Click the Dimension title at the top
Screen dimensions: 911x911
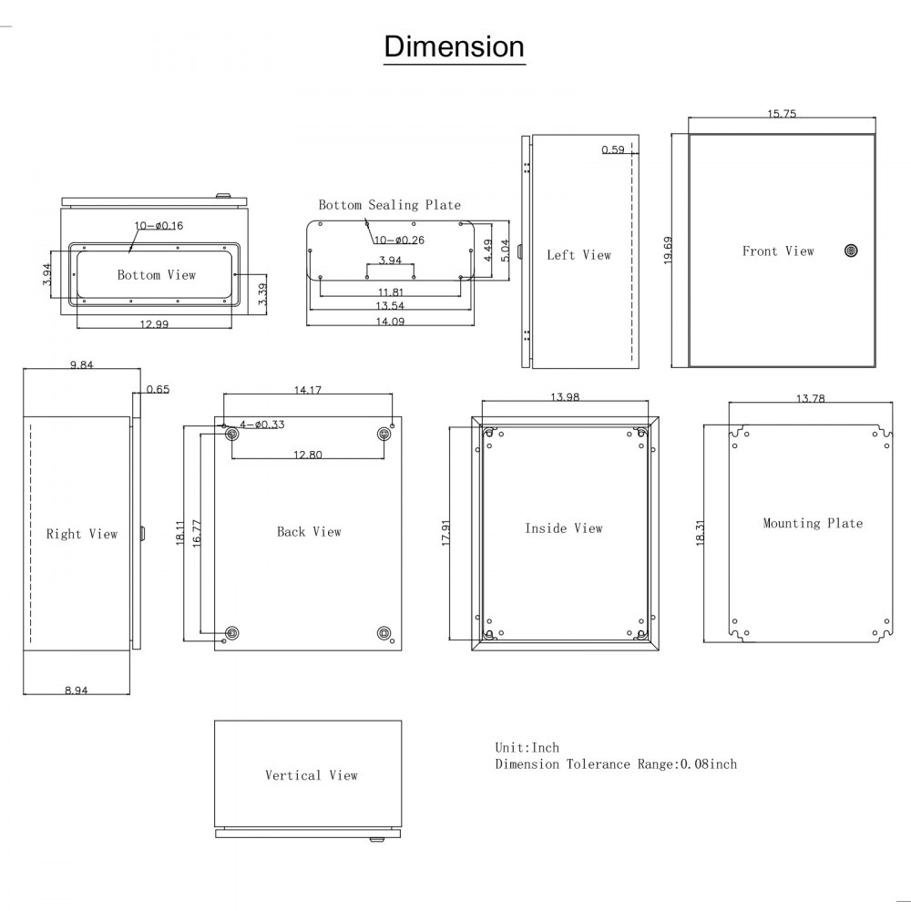[x=454, y=46]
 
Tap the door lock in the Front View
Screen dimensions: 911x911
[x=851, y=251]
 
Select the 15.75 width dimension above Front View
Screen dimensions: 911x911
[x=782, y=114]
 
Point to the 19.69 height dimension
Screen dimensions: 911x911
[x=668, y=251]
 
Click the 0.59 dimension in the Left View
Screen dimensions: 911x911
[x=613, y=150]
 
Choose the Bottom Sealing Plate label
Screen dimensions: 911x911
[x=389, y=205]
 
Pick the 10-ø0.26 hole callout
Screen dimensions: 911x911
[x=399, y=240]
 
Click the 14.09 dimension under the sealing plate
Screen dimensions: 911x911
[x=390, y=322]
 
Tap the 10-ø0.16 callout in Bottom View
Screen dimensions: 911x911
[x=159, y=225]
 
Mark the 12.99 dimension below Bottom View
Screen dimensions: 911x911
[x=154, y=324]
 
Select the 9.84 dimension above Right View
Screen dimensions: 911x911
[x=81, y=365]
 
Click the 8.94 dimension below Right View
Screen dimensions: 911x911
[x=77, y=691]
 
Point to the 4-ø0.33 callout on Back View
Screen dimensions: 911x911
[x=262, y=425]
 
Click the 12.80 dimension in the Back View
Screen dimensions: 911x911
[x=307, y=455]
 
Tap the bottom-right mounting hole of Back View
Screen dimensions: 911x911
[x=384, y=633]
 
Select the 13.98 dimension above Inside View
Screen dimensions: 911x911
[x=565, y=397]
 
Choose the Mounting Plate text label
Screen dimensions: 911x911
[x=813, y=524]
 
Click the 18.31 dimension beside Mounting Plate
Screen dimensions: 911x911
[x=700, y=533]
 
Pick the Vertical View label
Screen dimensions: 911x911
[x=312, y=775]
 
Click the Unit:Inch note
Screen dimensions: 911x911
[x=527, y=748]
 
